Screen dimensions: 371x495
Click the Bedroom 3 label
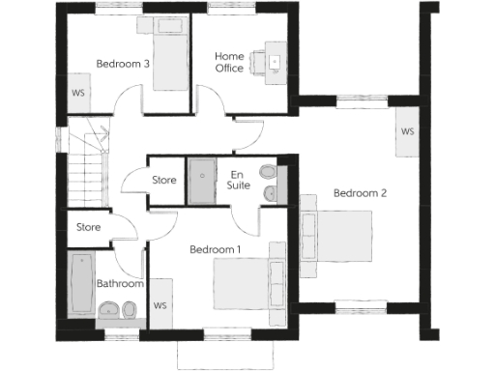coord(123,65)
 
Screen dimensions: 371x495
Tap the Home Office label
coord(229,62)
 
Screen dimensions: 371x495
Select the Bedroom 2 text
coord(360,193)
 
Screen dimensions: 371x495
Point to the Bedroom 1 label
coord(215,249)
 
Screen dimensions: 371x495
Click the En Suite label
coord(237,179)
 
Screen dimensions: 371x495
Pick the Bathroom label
coord(120,284)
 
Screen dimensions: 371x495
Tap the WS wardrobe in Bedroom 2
coord(407,131)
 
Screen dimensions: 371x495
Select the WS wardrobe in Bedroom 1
coord(160,305)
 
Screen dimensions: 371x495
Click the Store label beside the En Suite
coord(164,181)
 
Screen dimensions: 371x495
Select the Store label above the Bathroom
coord(89,228)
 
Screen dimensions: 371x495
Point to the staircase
coord(86,164)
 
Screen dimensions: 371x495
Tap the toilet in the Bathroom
coord(108,310)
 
